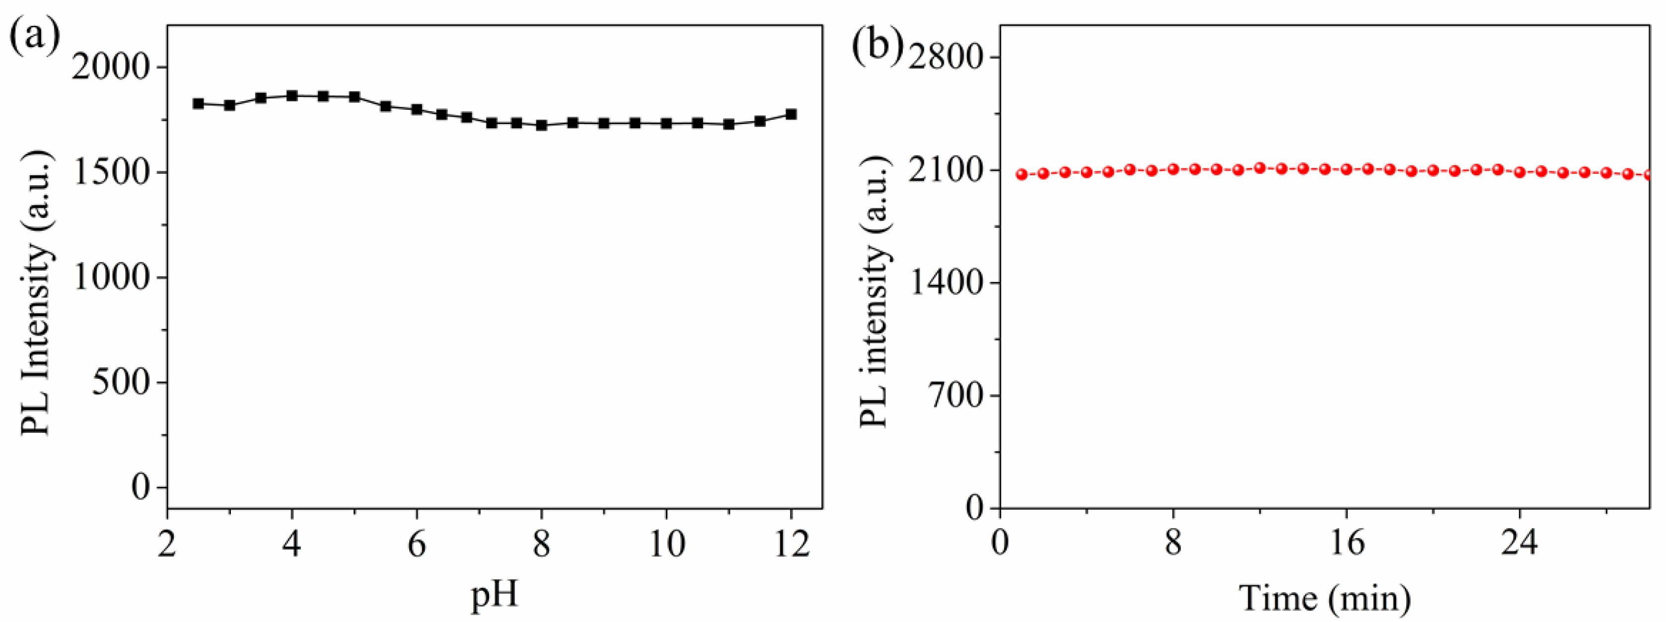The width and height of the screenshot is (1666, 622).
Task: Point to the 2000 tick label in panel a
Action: click(111, 67)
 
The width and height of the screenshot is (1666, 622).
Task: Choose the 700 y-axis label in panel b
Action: click(954, 396)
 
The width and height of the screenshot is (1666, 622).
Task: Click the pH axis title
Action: click(495, 594)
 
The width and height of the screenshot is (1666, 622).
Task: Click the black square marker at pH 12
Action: click(791, 115)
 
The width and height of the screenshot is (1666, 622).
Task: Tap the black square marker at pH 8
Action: click(541, 125)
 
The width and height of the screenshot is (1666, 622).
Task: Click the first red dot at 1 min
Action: click(1022, 174)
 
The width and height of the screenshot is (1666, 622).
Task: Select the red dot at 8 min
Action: click(1173, 169)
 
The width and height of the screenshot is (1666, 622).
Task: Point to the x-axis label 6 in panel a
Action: click(417, 545)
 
